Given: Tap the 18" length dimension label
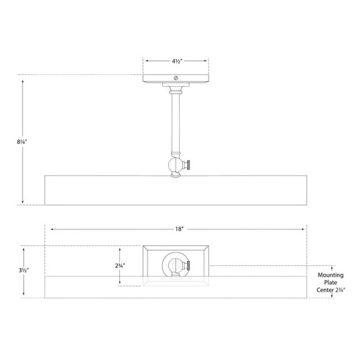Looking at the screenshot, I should point(179,229).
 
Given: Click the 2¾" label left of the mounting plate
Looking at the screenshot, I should point(120,265).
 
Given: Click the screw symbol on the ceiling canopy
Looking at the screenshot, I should point(176,78).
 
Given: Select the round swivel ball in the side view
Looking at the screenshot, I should point(175,166).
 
